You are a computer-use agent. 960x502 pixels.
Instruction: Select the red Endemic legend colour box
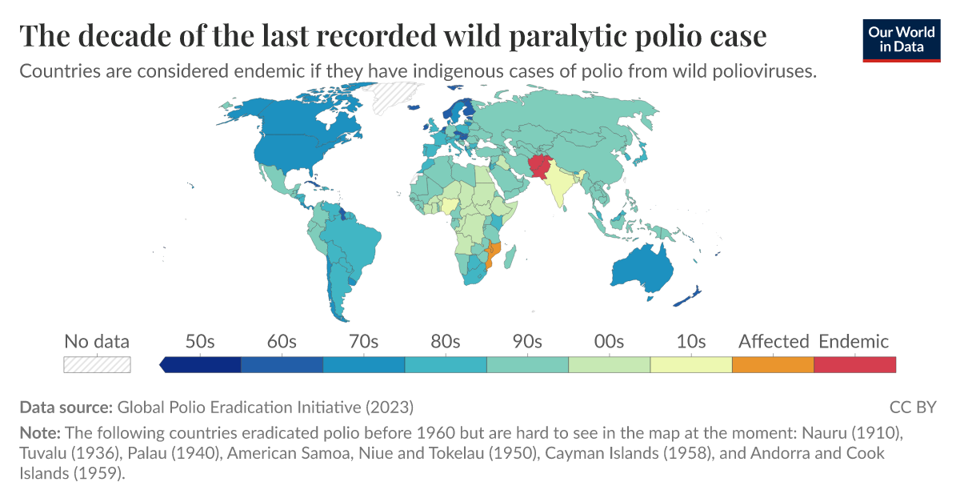854,364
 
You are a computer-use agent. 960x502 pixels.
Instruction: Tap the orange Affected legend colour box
772,364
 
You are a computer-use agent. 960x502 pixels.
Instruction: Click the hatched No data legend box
97,364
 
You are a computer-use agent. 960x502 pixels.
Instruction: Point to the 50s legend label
199,342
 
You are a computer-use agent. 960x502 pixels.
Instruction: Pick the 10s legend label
690,342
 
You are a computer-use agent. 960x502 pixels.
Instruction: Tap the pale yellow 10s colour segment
690,364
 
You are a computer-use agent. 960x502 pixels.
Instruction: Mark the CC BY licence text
912,407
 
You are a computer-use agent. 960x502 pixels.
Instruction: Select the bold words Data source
66,407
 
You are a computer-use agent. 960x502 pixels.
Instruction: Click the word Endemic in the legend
854,342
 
